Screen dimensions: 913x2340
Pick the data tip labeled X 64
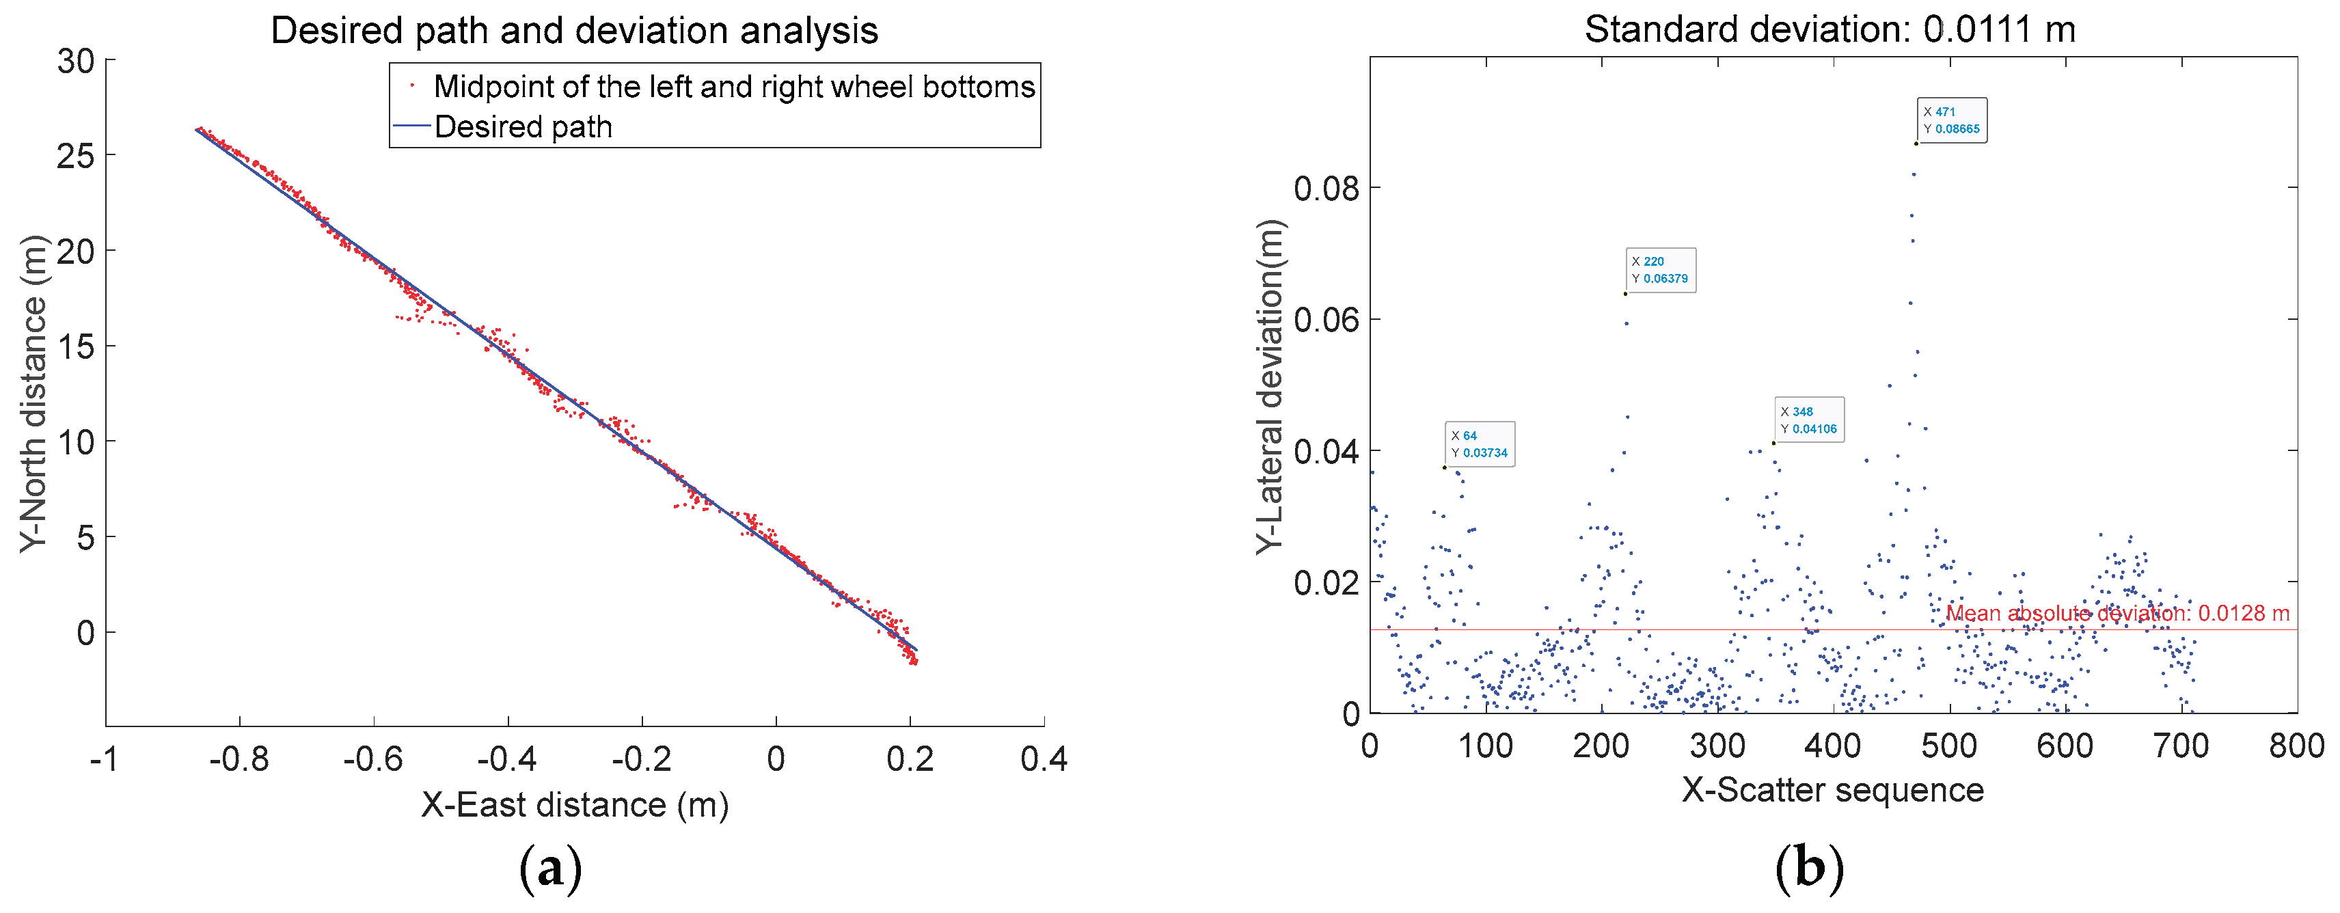point(1479,444)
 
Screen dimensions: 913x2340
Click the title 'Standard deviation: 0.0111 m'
point(1829,30)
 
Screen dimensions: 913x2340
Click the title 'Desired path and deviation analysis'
point(574,31)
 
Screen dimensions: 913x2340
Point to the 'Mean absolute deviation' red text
point(2117,614)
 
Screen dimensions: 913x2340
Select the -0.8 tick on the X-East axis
point(239,759)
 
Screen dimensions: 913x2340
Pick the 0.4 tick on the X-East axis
point(1043,759)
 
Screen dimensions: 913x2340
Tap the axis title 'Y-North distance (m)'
point(33,392)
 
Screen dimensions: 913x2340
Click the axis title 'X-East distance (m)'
point(574,805)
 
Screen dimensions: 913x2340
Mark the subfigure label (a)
point(549,869)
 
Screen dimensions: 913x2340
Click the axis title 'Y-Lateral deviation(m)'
point(1270,386)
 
